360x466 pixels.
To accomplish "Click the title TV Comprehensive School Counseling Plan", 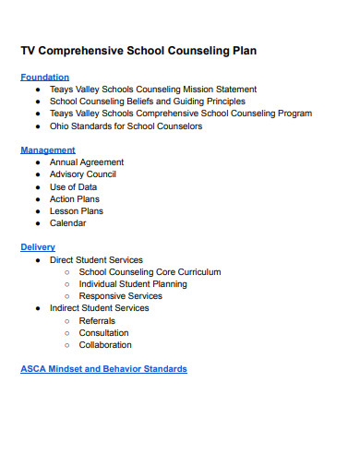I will click(138, 51).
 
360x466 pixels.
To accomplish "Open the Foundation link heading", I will click(44, 78).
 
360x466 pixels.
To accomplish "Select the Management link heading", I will click(48, 149).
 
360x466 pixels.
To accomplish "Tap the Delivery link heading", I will click(38, 247).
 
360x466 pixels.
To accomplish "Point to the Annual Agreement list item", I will click(87, 162).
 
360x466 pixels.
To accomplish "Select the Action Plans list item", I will click(75, 198).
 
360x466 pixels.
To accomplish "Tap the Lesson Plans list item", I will click(77, 210).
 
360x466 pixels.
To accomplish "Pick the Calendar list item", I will click(68, 222).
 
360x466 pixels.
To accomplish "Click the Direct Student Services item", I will click(96, 260).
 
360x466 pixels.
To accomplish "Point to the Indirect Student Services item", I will click(99, 308).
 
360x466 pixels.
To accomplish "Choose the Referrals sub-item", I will click(99, 320).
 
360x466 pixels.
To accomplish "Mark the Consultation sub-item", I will click(103, 332).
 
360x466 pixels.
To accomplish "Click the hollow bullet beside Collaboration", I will click(67, 345).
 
